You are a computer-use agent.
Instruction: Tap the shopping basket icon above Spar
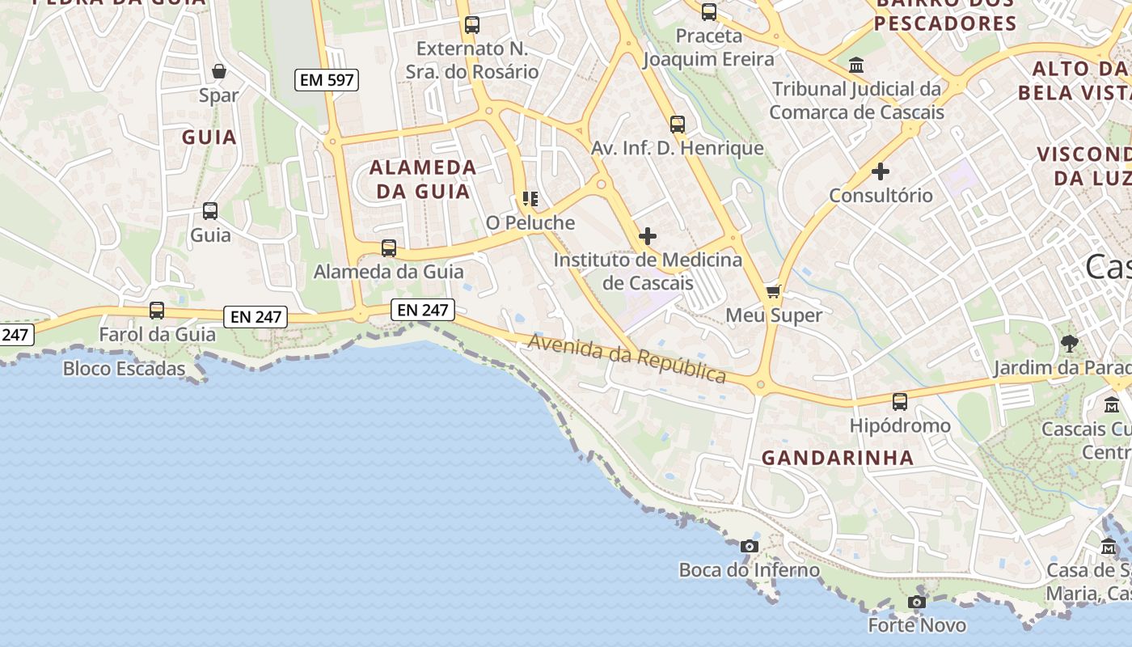(x=218, y=71)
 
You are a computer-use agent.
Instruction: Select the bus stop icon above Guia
(x=210, y=211)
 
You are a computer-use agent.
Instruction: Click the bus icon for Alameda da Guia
(x=389, y=247)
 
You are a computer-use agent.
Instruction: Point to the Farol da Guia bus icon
(x=157, y=310)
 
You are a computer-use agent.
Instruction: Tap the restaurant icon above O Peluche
(x=530, y=198)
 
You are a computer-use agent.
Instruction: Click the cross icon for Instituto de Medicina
(x=648, y=236)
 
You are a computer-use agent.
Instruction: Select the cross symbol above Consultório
(x=881, y=171)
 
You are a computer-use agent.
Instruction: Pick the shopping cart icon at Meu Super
(x=774, y=291)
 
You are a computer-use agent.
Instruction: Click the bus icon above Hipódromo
(x=900, y=401)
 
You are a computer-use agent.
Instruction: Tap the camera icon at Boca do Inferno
(x=749, y=546)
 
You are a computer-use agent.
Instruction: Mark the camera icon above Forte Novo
(x=916, y=602)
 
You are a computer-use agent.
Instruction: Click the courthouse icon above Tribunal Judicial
(x=856, y=65)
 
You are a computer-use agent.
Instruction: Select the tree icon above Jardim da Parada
(x=1070, y=344)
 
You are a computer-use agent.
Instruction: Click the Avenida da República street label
(x=627, y=358)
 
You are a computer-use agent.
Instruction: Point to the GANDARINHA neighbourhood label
(x=838, y=458)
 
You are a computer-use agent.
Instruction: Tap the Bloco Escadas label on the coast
(x=125, y=369)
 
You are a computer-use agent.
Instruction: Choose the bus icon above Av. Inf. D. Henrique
(x=678, y=125)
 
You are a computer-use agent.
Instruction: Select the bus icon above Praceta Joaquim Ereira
(x=709, y=12)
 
